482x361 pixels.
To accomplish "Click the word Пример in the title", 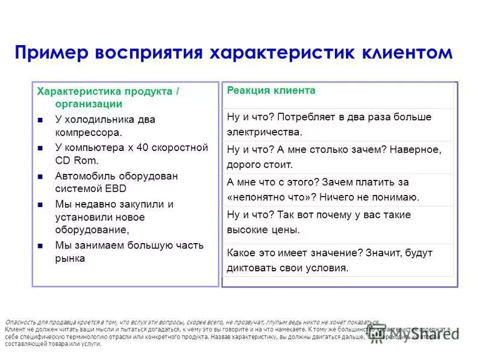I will (x=51, y=52).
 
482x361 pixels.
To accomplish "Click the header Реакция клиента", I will (x=271, y=90).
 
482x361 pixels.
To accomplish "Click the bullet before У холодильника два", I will (x=40, y=120).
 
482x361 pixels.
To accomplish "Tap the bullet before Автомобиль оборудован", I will (x=40, y=177).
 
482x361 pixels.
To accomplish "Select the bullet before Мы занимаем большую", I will (x=40, y=246).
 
